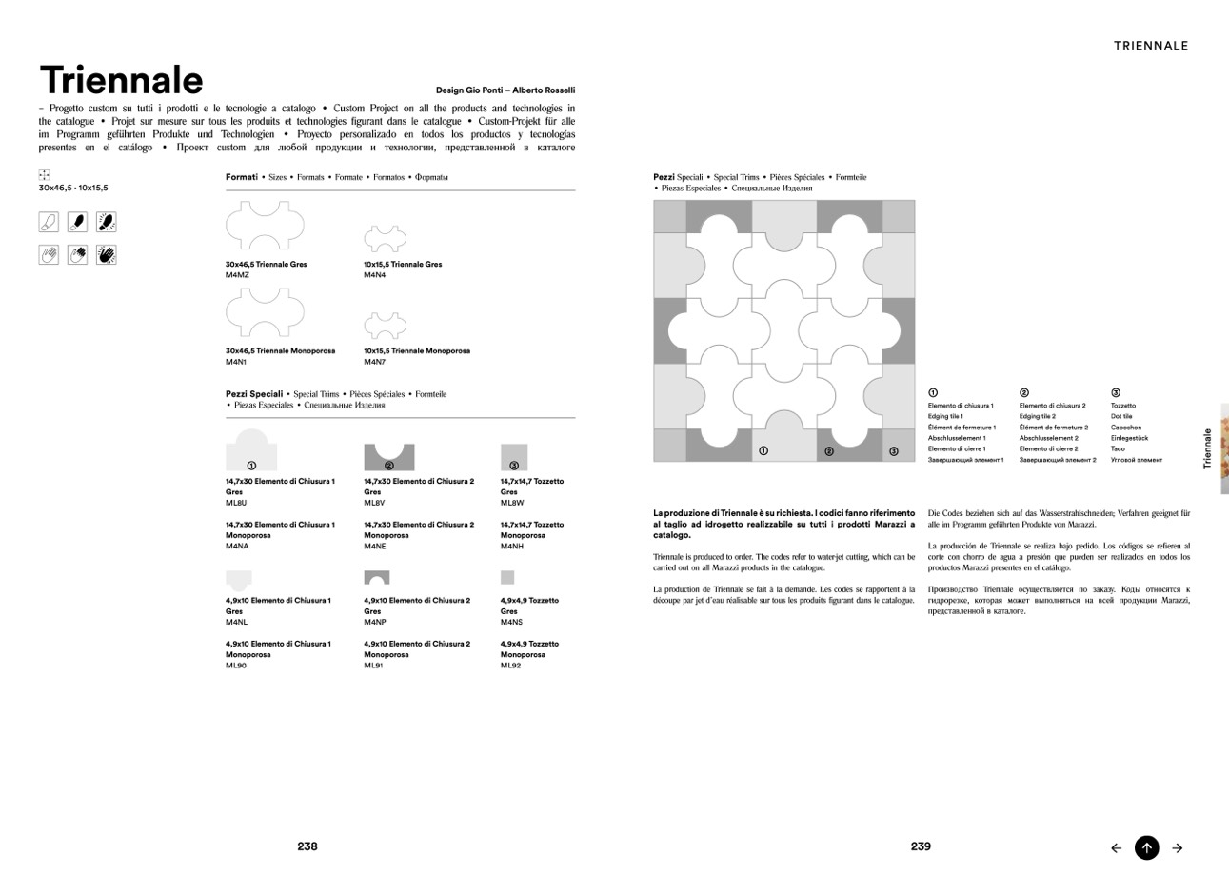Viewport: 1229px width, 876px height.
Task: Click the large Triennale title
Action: point(121,81)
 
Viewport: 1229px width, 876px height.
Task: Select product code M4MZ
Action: point(237,275)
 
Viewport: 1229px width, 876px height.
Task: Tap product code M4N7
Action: point(374,362)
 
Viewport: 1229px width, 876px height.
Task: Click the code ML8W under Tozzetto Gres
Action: point(512,503)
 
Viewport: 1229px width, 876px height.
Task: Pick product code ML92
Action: point(510,666)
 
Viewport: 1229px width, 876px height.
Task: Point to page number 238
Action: point(307,846)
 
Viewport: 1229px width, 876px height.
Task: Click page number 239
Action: point(921,846)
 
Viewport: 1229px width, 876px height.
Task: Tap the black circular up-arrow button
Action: point(1147,847)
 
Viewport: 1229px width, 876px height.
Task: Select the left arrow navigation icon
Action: point(1117,847)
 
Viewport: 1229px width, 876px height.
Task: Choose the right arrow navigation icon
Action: point(1178,847)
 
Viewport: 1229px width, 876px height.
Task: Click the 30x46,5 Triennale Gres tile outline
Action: point(265,227)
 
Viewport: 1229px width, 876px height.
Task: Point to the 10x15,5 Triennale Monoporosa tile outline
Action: point(385,326)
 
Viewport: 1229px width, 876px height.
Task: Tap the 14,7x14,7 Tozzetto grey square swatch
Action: point(514,457)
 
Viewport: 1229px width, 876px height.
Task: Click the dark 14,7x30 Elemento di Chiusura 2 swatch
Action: point(389,457)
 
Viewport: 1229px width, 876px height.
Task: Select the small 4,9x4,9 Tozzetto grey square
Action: point(507,577)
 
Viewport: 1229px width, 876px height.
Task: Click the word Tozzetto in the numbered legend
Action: point(1123,406)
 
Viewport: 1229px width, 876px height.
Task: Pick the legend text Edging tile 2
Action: point(1038,416)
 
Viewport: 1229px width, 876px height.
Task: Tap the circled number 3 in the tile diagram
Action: point(893,451)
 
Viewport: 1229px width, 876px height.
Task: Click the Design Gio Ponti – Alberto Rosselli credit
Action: point(505,90)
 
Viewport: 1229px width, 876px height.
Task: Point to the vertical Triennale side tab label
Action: point(1208,448)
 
